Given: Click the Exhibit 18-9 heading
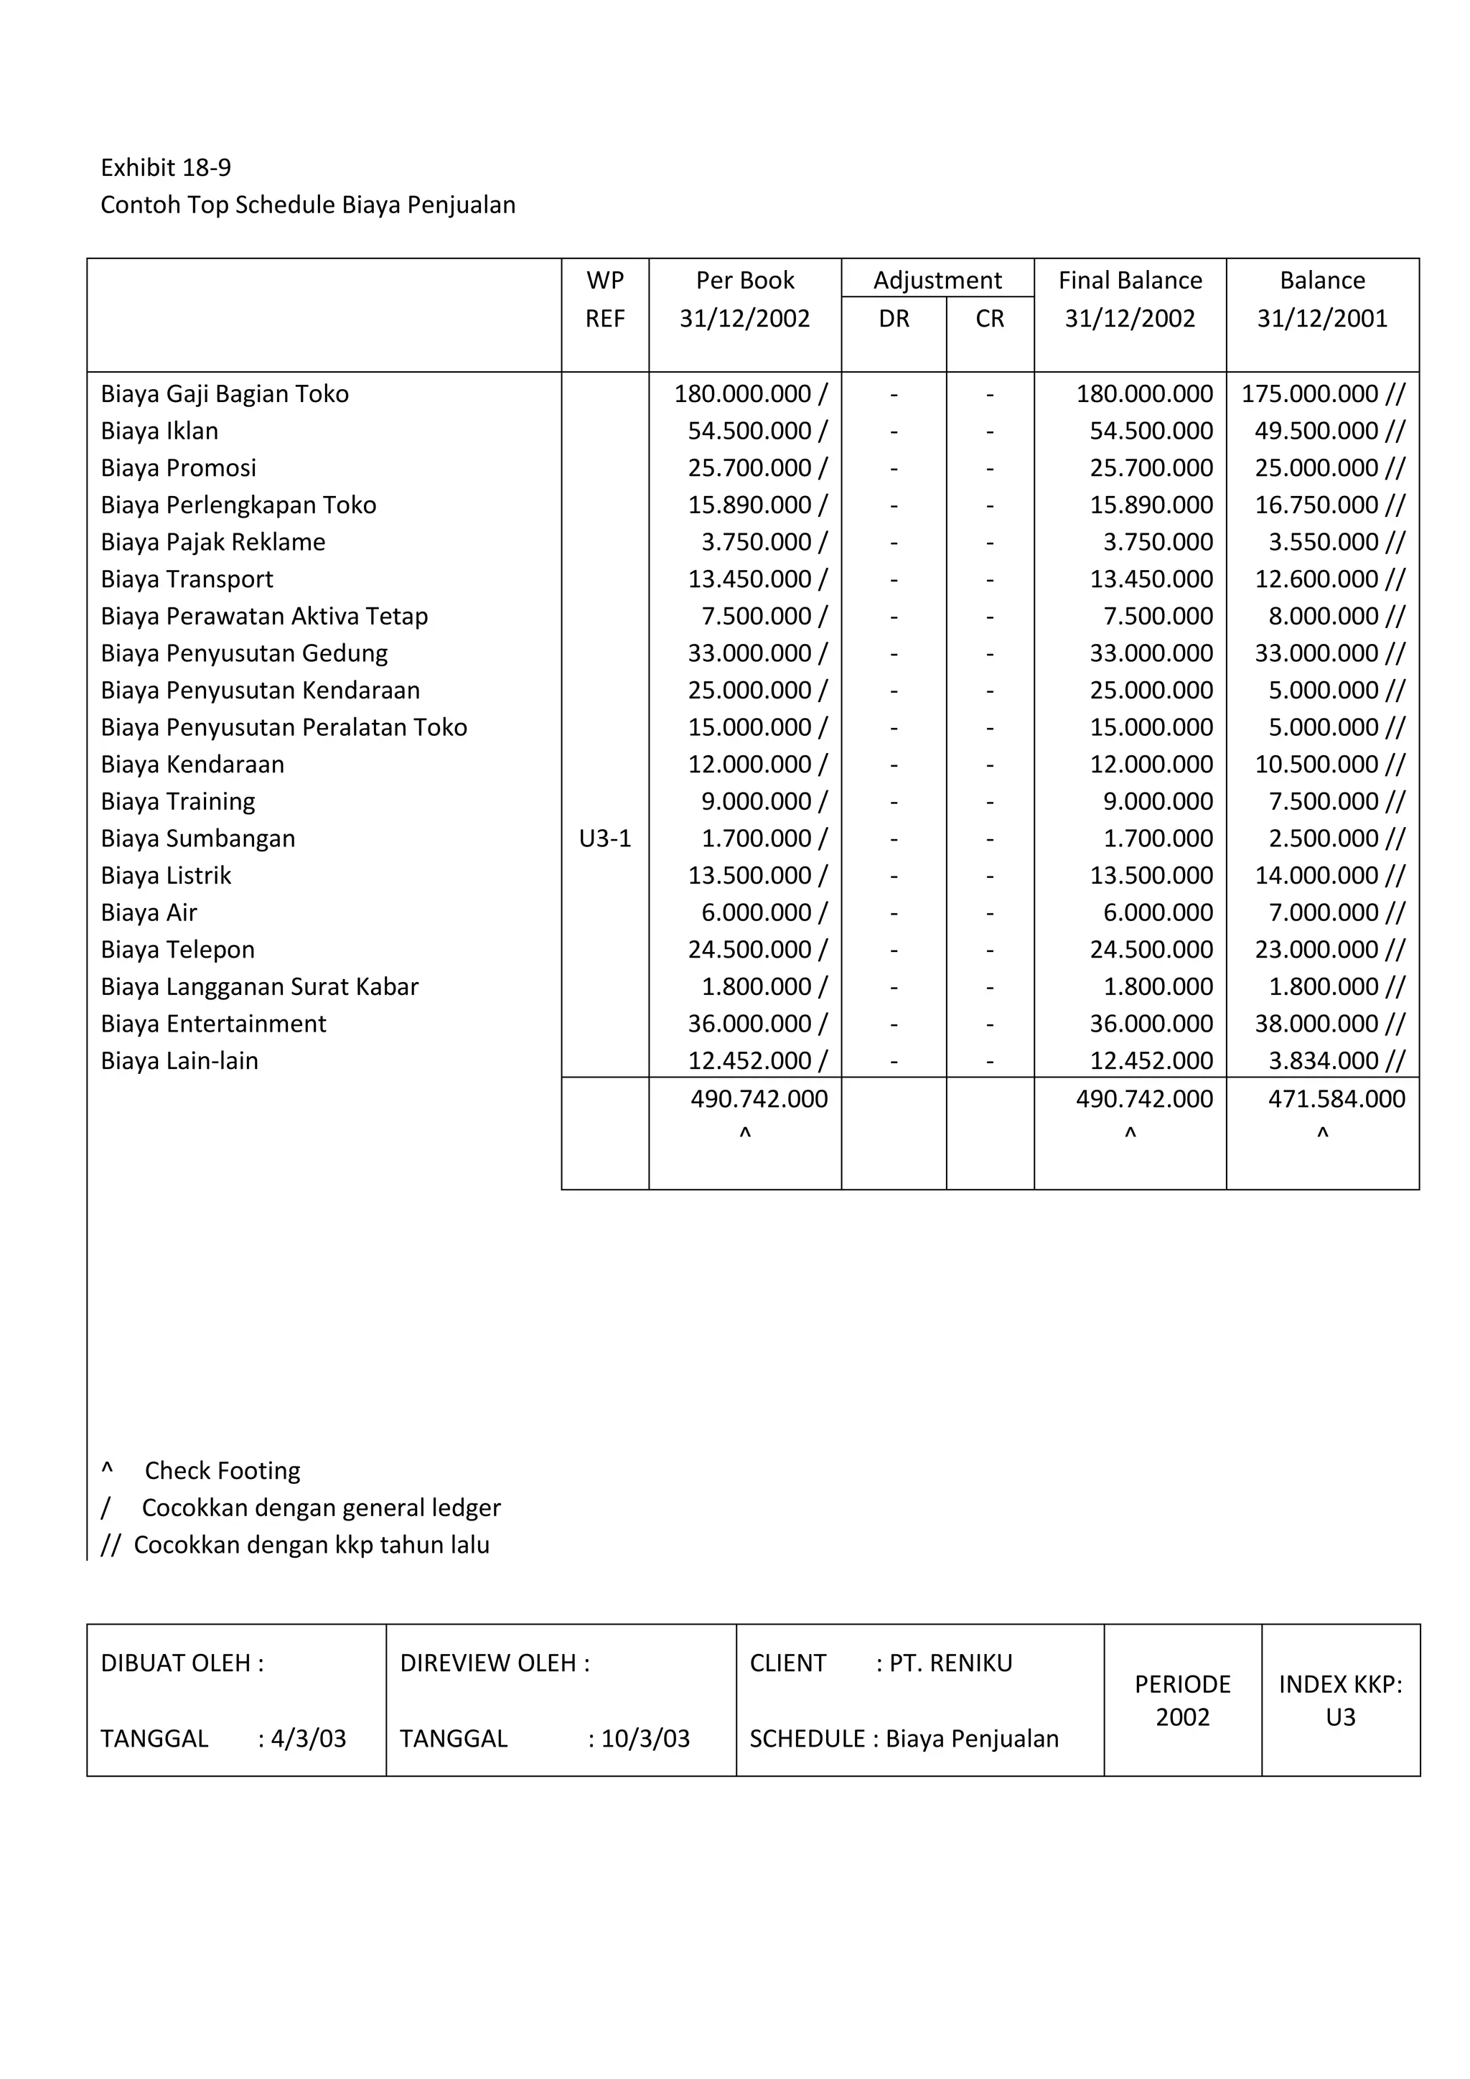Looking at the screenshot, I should pyautogui.click(x=166, y=167).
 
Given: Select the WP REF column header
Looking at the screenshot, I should pyautogui.click(x=604, y=299).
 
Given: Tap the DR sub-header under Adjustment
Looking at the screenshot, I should pyautogui.click(x=894, y=319).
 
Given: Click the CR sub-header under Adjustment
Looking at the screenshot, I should pyautogui.click(x=989, y=319).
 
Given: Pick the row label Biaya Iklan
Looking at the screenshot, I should pyautogui.click(x=159, y=431).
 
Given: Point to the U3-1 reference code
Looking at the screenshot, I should pyautogui.click(x=604, y=838).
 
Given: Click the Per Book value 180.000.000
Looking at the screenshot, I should pyautogui.click(x=742, y=394).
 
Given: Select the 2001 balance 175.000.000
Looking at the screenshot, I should pyautogui.click(x=1310, y=394).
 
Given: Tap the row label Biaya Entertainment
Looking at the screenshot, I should pyautogui.click(x=214, y=1024).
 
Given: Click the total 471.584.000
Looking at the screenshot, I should pyautogui.click(x=1336, y=1099).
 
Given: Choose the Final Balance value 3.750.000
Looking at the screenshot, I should pyautogui.click(x=1158, y=543).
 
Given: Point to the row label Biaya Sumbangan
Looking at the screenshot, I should pyautogui.click(x=198, y=838).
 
